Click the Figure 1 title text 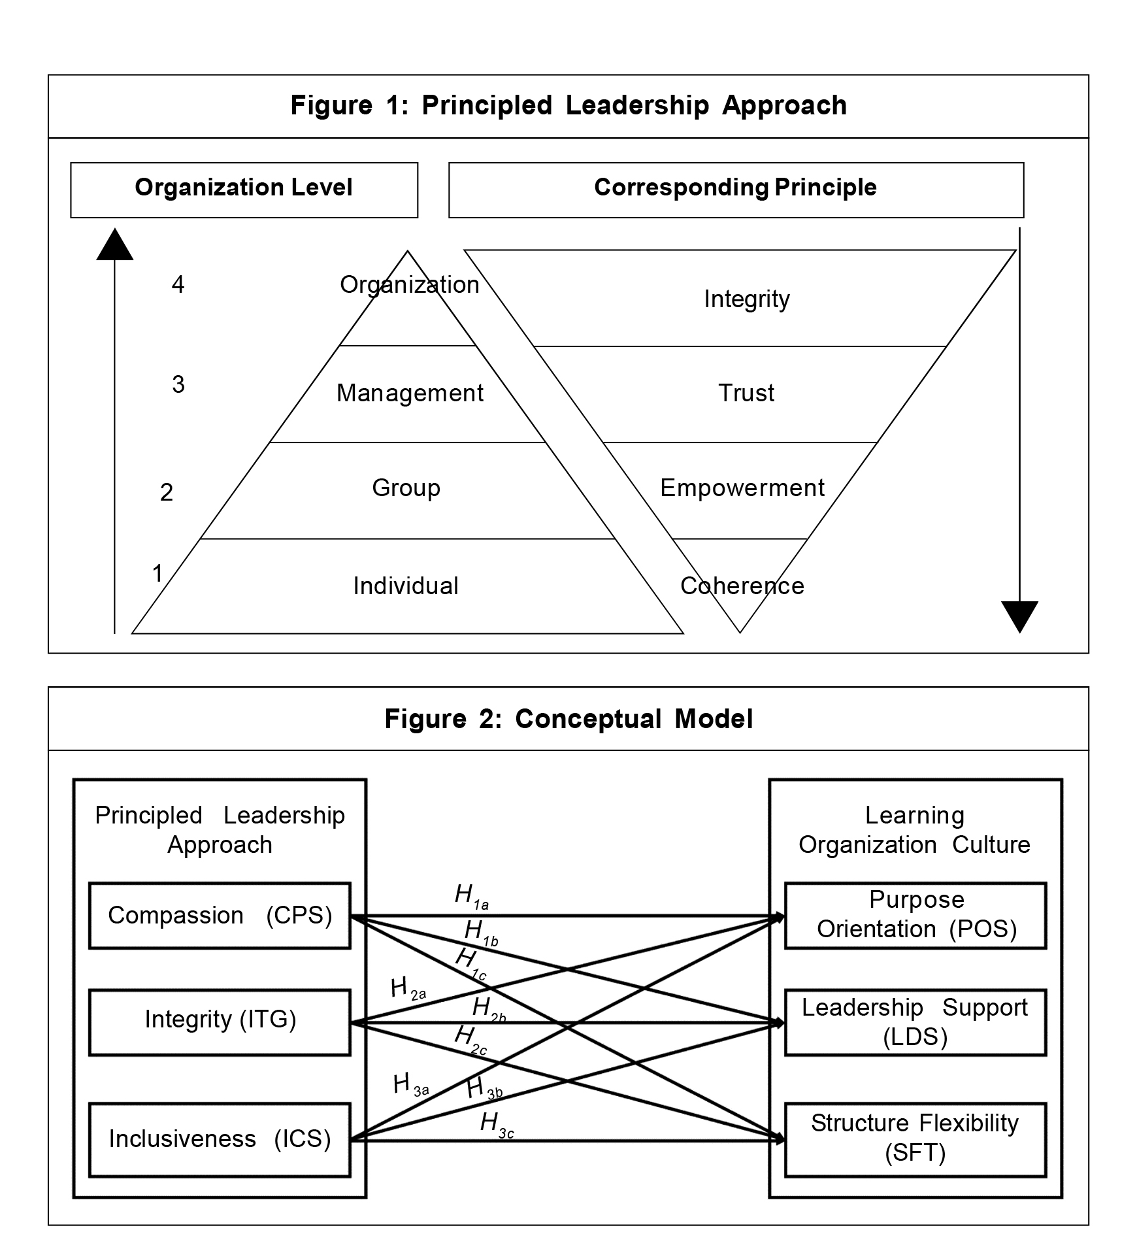[568, 105]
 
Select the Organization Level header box [244, 189]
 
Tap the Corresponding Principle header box [736, 189]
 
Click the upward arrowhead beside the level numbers [115, 245]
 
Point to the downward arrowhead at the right [1019, 616]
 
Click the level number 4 [178, 284]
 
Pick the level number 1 [157, 573]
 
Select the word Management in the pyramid [410, 393]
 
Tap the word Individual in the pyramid [406, 586]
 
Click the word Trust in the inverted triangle [746, 393]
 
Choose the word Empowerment [742, 488]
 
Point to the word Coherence [742, 586]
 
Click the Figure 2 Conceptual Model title [568, 719]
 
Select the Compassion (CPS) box [220, 916]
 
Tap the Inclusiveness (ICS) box [220, 1139]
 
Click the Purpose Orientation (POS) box [915, 915]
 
